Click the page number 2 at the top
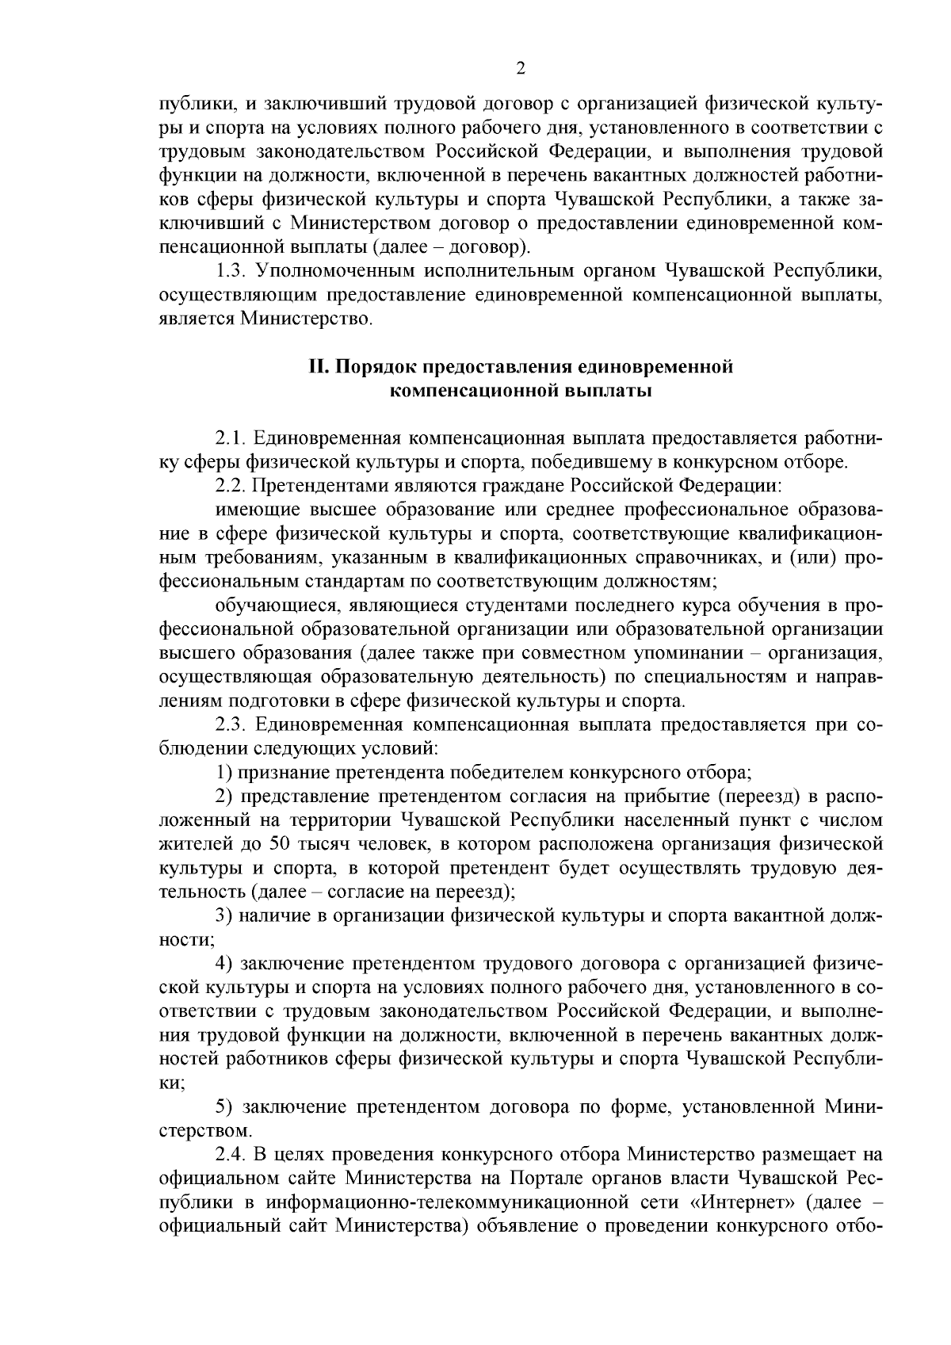[x=520, y=68]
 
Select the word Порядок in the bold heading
[x=373, y=367]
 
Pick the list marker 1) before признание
[x=225, y=772]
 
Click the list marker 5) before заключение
[x=225, y=1106]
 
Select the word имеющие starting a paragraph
[x=253, y=510]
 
